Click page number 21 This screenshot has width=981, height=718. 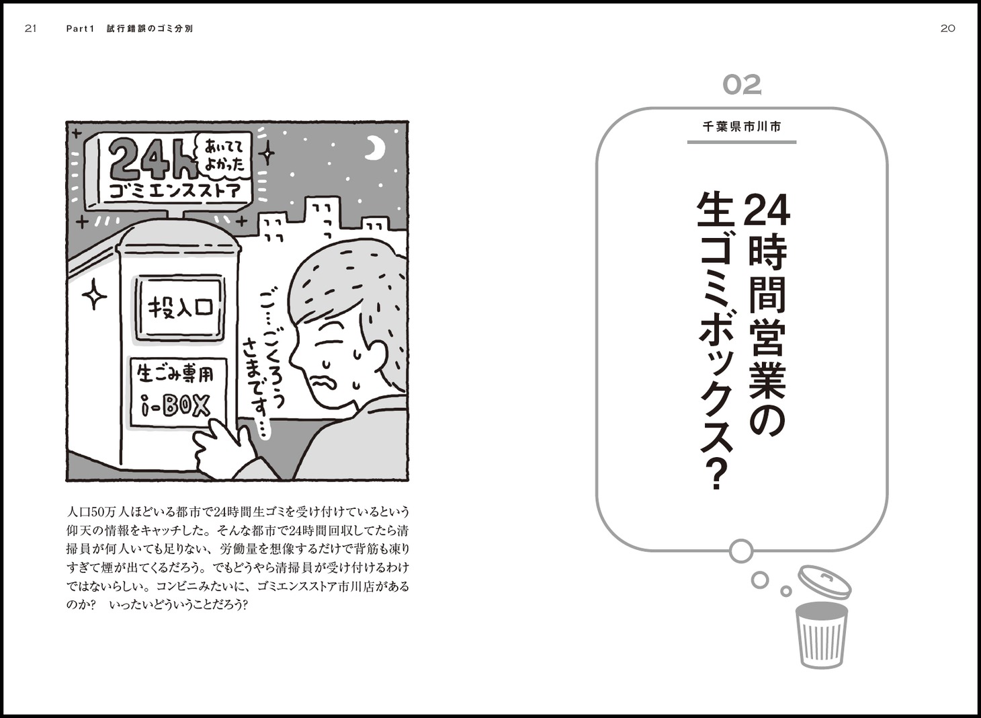(31, 29)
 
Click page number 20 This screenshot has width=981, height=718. (947, 29)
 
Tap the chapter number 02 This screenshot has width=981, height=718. (742, 85)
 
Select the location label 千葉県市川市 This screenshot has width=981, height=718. (741, 127)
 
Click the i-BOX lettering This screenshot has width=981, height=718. (175, 406)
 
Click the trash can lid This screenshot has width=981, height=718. (824, 582)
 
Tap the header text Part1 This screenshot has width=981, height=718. (80, 29)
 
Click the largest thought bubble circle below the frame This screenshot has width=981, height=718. (741, 551)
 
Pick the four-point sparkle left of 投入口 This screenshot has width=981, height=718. (94, 295)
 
